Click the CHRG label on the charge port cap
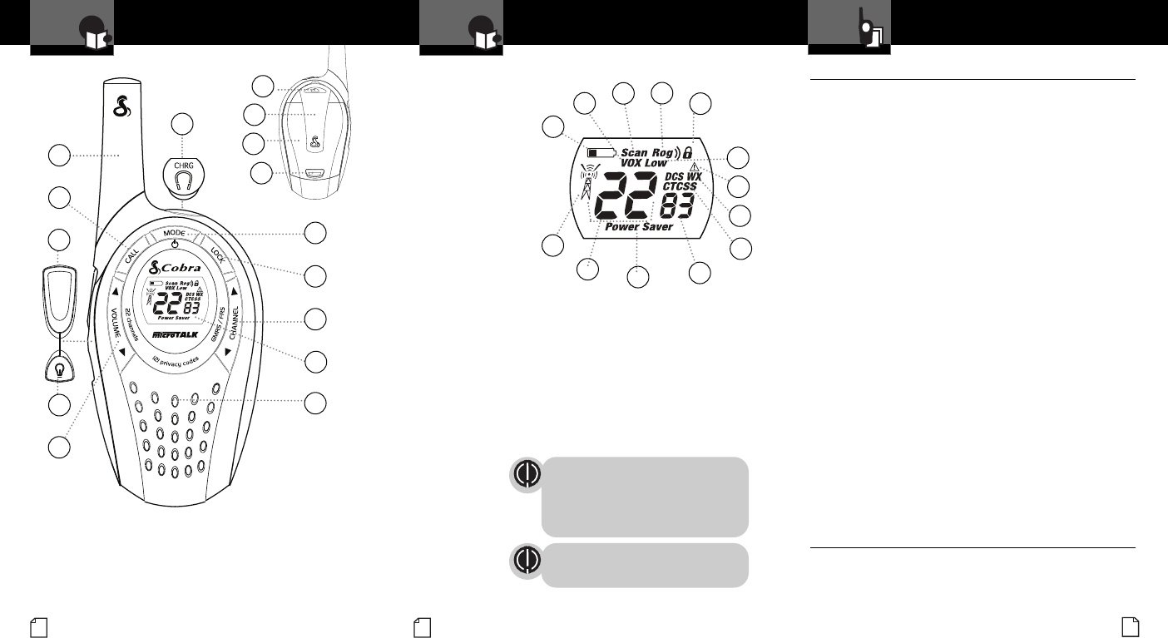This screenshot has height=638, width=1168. tap(182, 166)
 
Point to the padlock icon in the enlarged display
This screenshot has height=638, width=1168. tap(687, 153)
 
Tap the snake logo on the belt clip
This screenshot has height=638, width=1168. tap(314, 145)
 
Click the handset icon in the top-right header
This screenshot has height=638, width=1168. tap(869, 30)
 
